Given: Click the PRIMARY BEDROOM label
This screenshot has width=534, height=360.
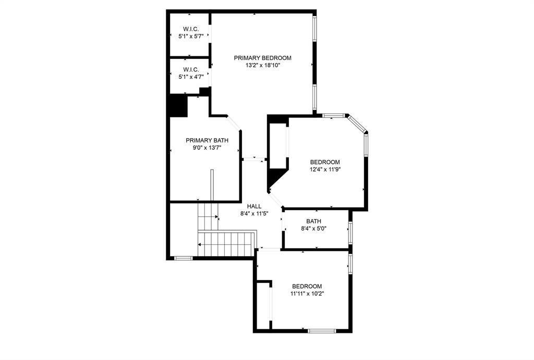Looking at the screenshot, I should pos(262,58).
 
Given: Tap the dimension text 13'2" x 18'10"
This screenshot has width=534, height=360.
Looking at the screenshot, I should pos(262,66).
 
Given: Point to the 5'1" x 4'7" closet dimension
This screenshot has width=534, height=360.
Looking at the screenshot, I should pos(190,77).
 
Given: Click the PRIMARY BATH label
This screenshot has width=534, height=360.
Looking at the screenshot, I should pos(207,140).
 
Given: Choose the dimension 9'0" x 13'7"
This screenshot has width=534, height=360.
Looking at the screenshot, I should pos(207,148).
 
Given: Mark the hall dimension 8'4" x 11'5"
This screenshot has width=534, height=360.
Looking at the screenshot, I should pos(254,214).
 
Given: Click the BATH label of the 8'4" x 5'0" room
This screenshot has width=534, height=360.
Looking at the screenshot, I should pos(313,221).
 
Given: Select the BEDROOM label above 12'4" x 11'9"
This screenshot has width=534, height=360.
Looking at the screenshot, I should pos(325,162).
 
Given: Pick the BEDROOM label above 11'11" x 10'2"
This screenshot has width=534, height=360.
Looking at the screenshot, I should pos(307,286).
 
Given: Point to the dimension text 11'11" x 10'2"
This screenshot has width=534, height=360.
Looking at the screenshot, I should pos(307,294).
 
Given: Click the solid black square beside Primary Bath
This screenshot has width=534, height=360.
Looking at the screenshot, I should pos(177,106).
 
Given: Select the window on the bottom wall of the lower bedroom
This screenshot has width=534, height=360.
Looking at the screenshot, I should pos(321,330).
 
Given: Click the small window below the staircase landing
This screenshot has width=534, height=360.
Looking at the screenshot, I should pos(183,258).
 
